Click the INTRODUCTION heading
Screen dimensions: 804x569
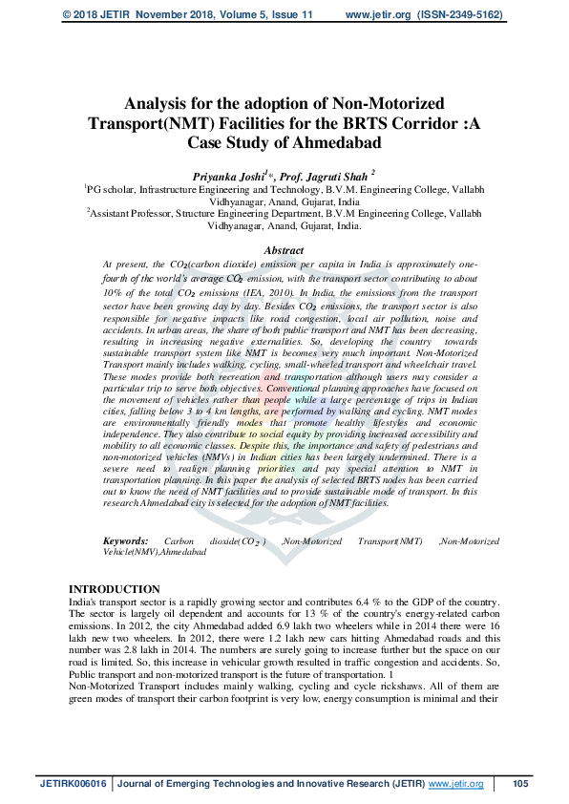pyautogui.click(x=115, y=590)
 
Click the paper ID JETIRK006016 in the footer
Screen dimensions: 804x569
pyautogui.click(x=72, y=784)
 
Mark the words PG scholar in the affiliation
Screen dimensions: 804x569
pyautogui.click(x=113, y=190)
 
